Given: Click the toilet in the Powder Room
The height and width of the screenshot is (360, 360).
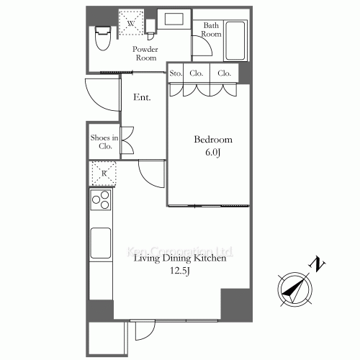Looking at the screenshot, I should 102,37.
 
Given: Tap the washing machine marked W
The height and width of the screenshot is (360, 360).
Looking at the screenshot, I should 130,22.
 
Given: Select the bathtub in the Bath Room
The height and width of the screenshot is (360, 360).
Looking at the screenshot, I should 235,41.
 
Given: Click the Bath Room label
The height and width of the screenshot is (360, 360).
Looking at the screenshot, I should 211,29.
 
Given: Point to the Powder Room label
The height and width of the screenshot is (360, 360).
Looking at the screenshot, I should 145,53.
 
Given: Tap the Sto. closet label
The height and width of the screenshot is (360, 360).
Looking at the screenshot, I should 175,73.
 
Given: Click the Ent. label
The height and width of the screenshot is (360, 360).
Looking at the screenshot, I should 142,98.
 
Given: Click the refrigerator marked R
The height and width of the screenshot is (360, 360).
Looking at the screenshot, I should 104,173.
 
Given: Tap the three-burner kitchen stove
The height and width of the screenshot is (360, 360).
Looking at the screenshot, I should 101,198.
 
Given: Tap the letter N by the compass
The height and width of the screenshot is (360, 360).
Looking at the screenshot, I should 315,265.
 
